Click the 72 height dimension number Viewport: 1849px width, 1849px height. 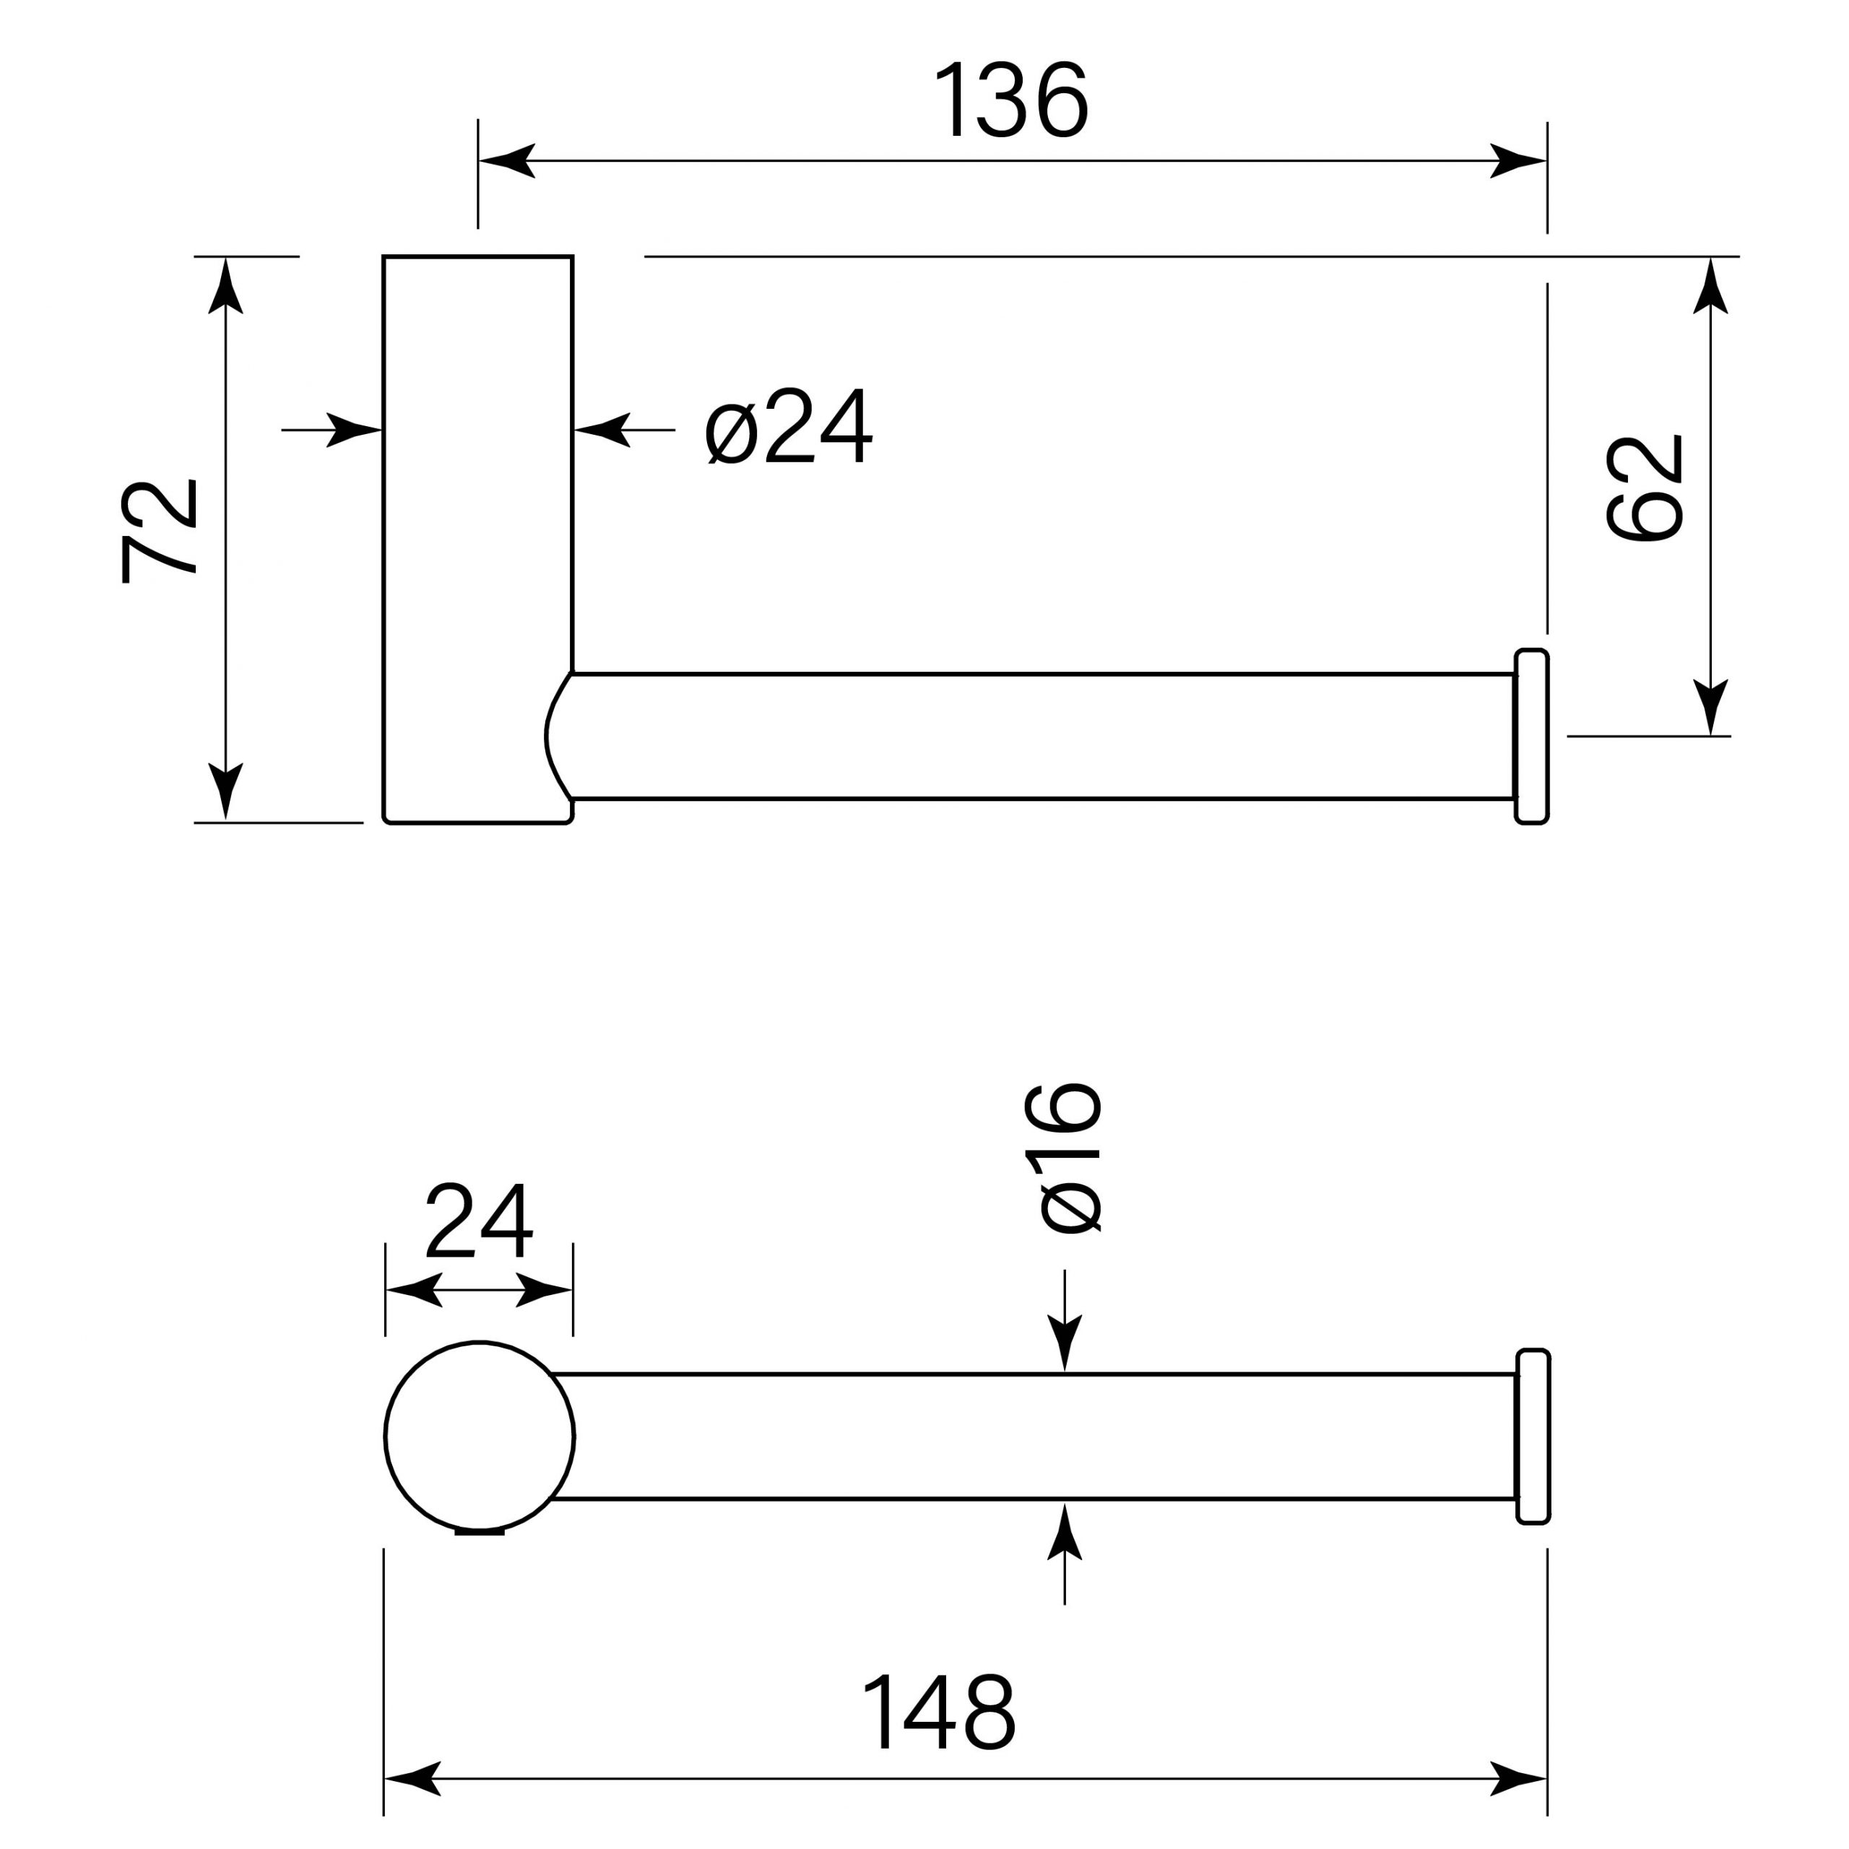159,530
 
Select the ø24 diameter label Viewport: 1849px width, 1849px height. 789,427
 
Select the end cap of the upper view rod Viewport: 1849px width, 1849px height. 1531,735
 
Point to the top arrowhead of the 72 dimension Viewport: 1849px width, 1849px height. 226,287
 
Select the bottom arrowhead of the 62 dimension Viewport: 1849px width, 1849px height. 1710,706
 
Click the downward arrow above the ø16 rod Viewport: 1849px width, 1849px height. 1064,1340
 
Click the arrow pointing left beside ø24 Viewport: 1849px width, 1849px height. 603,430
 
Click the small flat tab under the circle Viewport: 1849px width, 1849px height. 479,1531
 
